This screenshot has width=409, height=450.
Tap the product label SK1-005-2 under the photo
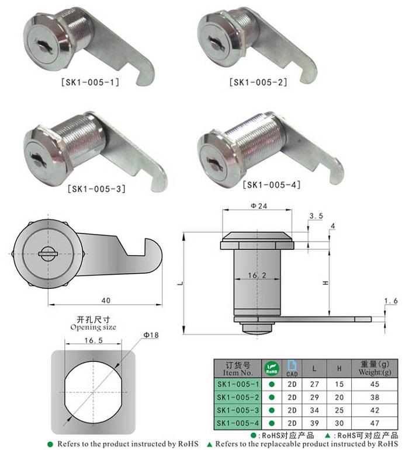coord(258,83)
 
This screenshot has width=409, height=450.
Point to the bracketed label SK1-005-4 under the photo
coord(272,185)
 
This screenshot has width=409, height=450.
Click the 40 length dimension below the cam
coord(106,300)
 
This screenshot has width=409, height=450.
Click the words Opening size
coord(93,327)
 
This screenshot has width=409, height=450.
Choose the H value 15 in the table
coord(339,384)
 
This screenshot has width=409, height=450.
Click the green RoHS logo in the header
coord(272,368)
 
